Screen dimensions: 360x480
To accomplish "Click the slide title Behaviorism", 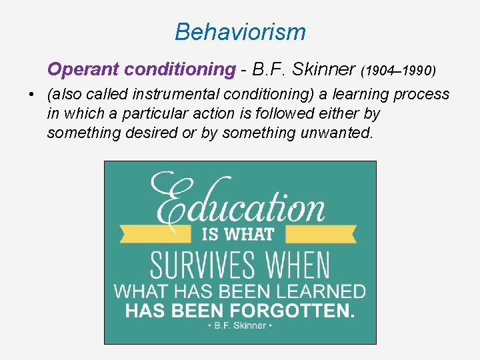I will pos(240,31).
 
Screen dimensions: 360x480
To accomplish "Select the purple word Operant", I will pos(75,69).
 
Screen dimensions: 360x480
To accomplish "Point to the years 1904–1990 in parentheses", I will pos(399,70).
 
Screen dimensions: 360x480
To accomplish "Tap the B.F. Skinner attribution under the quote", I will pos(240,325).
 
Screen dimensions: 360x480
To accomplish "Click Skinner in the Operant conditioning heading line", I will pos(323,69).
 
